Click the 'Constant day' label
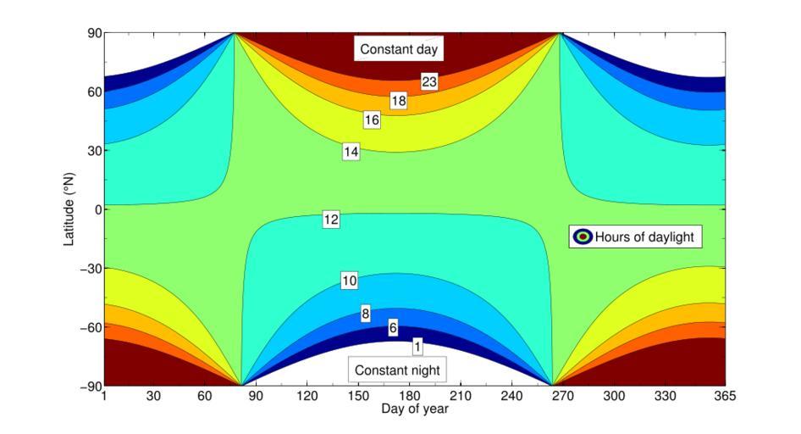point(399,49)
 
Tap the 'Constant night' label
point(397,370)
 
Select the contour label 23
point(429,82)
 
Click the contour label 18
point(399,101)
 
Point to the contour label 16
point(372,120)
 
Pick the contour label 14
point(351,152)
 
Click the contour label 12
point(331,220)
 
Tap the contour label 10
point(350,281)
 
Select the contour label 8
point(366,314)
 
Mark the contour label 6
point(393,328)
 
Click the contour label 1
point(417,346)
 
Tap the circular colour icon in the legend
point(582,236)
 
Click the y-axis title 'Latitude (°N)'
point(69,209)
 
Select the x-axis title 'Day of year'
point(414,409)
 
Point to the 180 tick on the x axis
point(410,396)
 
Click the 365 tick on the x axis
point(725,396)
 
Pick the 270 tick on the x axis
point(562,396)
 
